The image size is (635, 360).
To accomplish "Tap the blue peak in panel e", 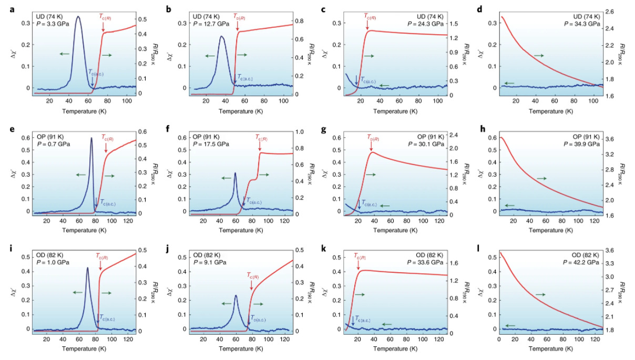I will pos(91,139).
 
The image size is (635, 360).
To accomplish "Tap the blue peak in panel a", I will pos(78,17).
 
